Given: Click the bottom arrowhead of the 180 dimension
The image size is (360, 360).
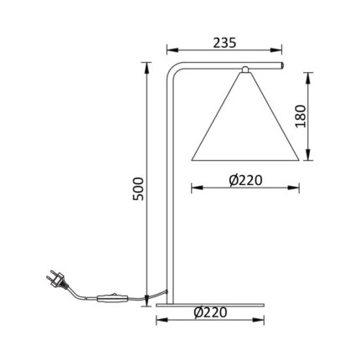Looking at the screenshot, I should [x=312, y=157].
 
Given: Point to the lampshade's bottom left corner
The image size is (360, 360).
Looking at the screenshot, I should [x=193, y=157].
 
